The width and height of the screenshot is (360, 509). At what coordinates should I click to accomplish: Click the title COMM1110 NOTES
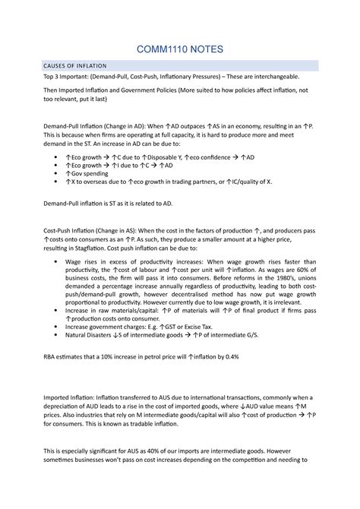(x=179, y=50)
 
